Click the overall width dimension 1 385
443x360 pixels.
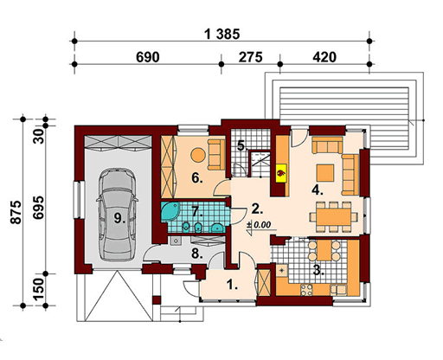(x=222, y=35)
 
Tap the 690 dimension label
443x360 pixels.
(x=148, y=57)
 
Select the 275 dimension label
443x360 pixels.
(x=250, y=57)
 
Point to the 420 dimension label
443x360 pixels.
(x=324, y=57)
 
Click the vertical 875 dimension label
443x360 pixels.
(x=16, y=212)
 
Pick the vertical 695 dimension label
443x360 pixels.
(x=38, y=208)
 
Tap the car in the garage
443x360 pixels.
(x=117, y=215)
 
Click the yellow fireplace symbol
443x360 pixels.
(x=281, y=173)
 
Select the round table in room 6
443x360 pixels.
(x=198, y=155)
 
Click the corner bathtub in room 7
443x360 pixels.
(x=170, y=211)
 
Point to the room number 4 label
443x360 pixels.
(x=318, y=190)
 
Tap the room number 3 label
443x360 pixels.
(x=318, y=271)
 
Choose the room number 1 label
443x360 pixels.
(x=232, y=286)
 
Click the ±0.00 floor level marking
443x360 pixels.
(x=259, y=225)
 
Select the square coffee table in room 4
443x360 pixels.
(x=325, y=173)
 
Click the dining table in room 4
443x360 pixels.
(x=334, y=216)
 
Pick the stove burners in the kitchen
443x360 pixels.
(x=306, y=290)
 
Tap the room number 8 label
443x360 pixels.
(x=197, y=254)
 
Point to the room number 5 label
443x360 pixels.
(x=242, y=145)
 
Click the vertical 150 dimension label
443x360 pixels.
(x=38, y=289)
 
